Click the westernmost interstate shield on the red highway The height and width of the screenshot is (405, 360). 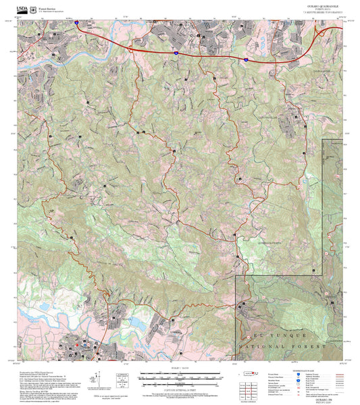point(76,22)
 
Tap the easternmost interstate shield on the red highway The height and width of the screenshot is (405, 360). point(247,61)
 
